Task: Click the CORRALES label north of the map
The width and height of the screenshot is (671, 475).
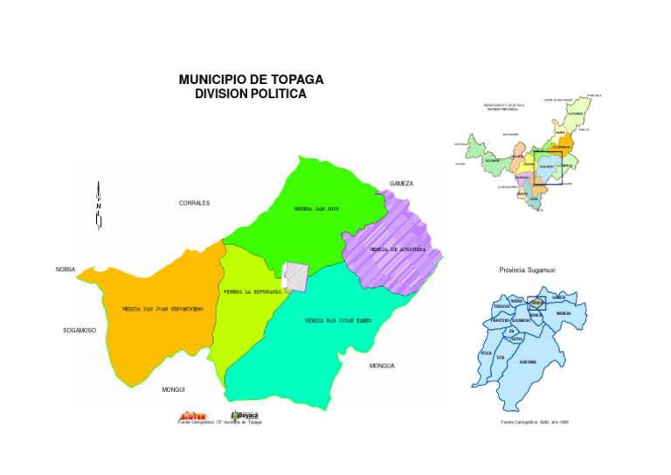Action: pos(194,203)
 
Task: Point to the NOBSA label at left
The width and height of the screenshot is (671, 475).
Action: pos(66,269)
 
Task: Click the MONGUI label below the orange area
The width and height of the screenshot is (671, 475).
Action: pos(174,388)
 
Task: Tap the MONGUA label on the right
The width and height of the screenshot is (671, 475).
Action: pos(382,365)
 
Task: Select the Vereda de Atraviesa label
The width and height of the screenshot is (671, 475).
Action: pos(397,249)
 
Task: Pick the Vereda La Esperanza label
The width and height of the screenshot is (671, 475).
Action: pos(252,290)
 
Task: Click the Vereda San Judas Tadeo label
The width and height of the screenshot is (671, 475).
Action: pos(338,321)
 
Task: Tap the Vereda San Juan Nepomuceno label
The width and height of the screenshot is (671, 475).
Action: pos(156,309)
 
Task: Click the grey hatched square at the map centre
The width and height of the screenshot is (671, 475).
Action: pos(298,276)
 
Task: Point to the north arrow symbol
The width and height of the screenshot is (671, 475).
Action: pos(99,206)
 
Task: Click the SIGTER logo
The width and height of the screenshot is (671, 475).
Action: pos(192,416)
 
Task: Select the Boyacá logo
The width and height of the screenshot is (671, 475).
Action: pos(246,416)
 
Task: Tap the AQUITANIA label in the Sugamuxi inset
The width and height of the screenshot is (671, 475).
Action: pos(528,360)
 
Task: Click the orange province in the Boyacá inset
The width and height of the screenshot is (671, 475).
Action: pos(565,143)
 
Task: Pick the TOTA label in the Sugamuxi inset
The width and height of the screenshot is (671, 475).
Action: pos(501,358)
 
